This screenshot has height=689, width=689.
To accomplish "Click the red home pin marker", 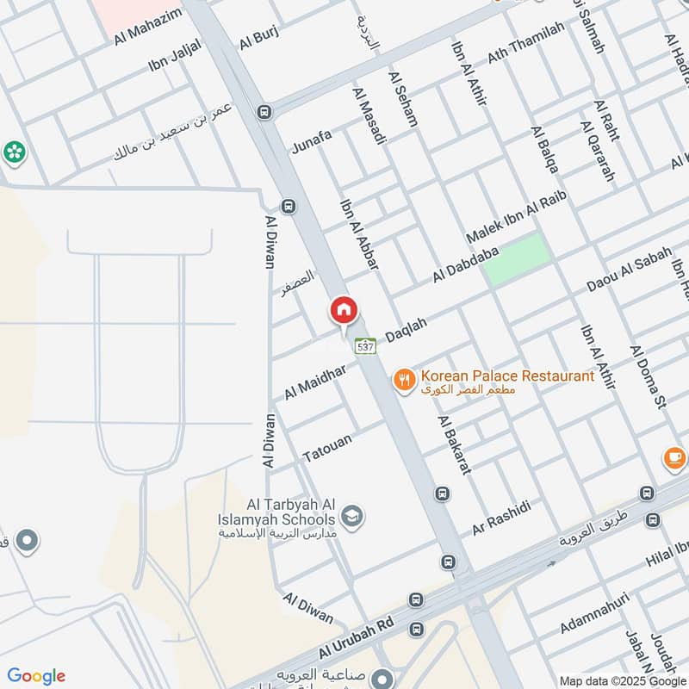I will click(x=344, y=311).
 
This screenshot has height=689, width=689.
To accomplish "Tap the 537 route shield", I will click(x=365, y=346).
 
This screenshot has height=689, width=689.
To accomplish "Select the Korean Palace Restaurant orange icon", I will click(x=402, y=377).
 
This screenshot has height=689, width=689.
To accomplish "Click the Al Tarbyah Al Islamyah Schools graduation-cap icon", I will click(x=352, y=517).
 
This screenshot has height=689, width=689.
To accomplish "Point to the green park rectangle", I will click(x=516, y=259).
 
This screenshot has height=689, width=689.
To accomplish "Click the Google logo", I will click(x=36, y=676).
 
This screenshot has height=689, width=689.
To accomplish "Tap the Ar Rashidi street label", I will click(x=502, y=516).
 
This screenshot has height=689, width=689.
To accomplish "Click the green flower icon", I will click(x=15, y=152).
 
